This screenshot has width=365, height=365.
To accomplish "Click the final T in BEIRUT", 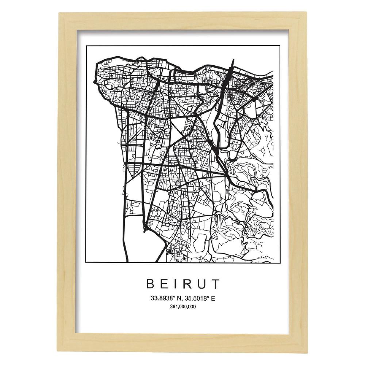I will click(216, 284).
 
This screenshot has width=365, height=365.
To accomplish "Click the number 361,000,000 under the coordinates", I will click(182, 307).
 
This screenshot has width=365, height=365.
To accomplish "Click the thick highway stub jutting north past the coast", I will click(232, 62).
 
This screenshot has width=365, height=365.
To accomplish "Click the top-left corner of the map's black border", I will click(86, 47).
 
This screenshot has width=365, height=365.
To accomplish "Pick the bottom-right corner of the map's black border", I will click(279, 262).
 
